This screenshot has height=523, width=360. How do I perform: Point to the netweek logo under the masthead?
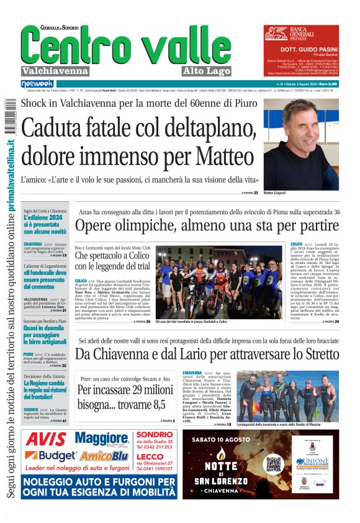pyautogui.click(x=38, y=83)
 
